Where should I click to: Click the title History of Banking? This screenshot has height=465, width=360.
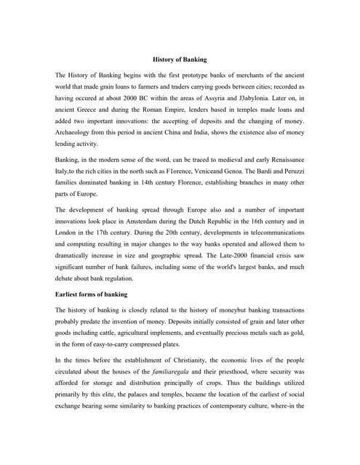point(180,57)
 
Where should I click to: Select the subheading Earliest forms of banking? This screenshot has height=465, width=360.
point(92,294)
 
